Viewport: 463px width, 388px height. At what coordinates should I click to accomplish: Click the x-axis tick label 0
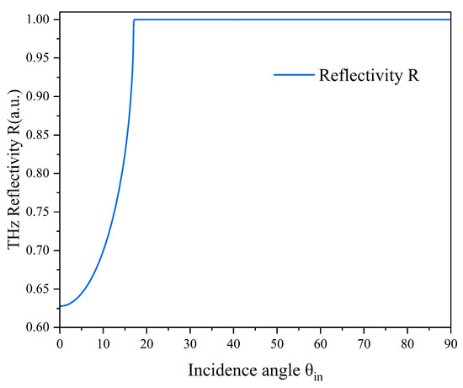(x=59, y=344)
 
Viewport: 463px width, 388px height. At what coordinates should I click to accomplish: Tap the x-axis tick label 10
(x=103, y=344)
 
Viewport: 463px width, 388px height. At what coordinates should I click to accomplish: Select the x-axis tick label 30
(x=189, y=344)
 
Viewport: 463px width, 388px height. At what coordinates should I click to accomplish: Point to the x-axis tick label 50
(x=277, y=344)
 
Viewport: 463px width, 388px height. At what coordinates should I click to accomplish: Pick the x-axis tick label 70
(x=365, y=344)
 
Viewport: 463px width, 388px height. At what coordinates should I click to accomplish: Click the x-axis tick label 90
(x=451, y=344)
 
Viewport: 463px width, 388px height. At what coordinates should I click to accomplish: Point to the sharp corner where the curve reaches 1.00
(x=134, y=19)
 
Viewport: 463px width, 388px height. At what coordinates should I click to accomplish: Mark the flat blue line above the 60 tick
(x=321, y=19)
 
